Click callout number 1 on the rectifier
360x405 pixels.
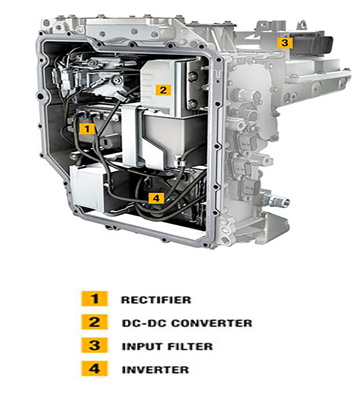tap(87, 129)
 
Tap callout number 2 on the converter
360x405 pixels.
tap(163, 90)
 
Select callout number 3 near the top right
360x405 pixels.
tap(285, 43)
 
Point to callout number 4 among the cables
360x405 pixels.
tap(156, 198)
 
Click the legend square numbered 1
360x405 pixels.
tap(94, 299)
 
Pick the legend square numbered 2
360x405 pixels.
tap(94, 322)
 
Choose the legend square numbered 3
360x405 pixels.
tap(94, 345)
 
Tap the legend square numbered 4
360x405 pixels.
tap(94, 368)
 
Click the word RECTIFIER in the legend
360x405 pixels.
tap(156, 300)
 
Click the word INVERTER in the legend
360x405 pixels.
tap(155, 369)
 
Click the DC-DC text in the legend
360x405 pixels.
tap(144, 323)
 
